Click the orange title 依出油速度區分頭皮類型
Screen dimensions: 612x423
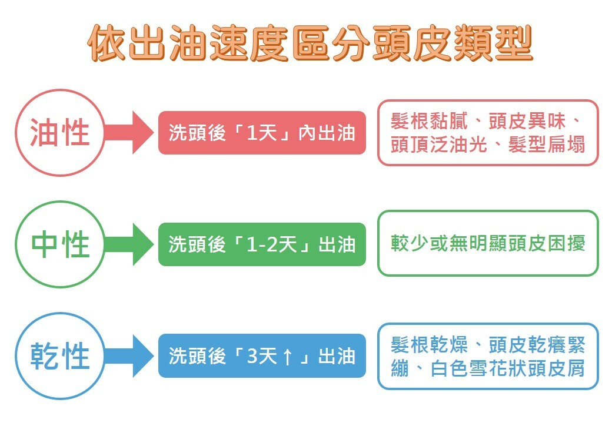[310, 43]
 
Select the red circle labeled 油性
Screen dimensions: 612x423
[59, 132]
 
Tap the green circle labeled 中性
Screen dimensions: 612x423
[59, 244]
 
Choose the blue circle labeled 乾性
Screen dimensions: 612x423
[59, 355]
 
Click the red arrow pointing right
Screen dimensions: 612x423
[129, 132]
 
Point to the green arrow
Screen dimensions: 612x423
[129, 244]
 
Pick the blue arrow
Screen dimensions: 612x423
[129, 355]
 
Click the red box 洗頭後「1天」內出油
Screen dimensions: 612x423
[262, 133]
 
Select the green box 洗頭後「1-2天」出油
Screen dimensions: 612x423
[262, 244]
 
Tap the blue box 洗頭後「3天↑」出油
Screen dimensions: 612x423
[262, 355]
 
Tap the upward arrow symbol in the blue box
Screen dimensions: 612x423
[287, 357]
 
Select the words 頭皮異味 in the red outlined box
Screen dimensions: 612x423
[527, 121]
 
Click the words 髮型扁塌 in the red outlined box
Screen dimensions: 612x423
[547, 145]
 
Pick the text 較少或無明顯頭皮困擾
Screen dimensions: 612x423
[488, 243]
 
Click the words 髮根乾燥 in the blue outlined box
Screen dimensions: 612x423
[430, 345]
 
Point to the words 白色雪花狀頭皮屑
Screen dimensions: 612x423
[507, 368]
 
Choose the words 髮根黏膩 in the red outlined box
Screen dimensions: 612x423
[430, 121]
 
